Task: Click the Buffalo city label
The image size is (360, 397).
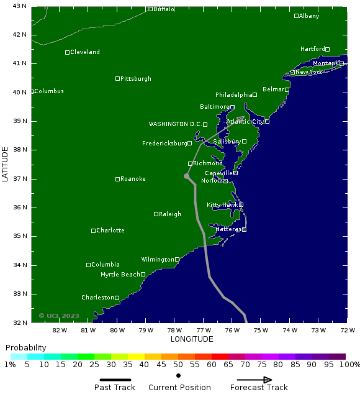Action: coord(164,9)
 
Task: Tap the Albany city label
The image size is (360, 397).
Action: coord(309,16)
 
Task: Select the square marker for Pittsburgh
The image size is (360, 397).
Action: coord(118,79)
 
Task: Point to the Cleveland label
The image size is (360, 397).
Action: coord(85,52)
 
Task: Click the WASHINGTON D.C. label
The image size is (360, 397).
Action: coord(175,124)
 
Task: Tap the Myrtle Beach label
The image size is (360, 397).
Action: coord(120,275)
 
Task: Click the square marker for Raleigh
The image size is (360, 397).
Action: coord(156,214)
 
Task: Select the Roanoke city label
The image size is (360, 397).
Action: coord(133,179)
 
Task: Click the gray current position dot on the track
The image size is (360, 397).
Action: coord(186,176)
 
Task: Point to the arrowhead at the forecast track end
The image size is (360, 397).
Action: coord(241,118)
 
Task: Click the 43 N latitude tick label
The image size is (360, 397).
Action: coord(20,6)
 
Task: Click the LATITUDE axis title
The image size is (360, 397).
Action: coord(5,164)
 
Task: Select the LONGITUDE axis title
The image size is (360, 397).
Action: coord(192,339)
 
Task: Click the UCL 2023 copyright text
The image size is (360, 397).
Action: coord(59,316)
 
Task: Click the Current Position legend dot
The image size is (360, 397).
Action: coord(179,375)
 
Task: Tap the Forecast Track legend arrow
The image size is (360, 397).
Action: coord(259,380)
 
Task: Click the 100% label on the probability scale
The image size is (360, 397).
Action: coord(349,365)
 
